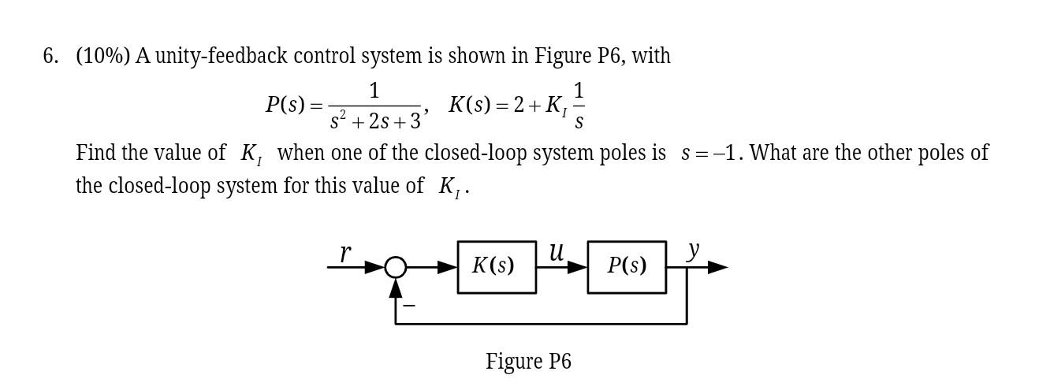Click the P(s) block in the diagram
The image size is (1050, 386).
pos(627,267)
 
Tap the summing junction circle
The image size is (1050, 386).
pos(396,268)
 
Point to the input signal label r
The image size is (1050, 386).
pos(345,253)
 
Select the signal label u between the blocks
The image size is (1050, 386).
pos(557,252)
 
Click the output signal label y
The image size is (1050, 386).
pos(693,250)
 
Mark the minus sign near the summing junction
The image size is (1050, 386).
pos(409,304)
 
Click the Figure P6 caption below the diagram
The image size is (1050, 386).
pos(528,362)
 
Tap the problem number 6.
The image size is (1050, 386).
pos(50,57)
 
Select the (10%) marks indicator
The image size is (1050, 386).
pos(103,57)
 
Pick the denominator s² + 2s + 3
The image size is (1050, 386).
pos(375,121)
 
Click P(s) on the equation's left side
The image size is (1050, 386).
pos(285,105)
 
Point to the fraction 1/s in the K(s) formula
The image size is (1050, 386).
pos(579,106)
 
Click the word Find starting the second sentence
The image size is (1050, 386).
pos(95,152)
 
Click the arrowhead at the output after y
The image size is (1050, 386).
pos(717,268)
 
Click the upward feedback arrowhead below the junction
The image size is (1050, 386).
pos(396,288)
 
